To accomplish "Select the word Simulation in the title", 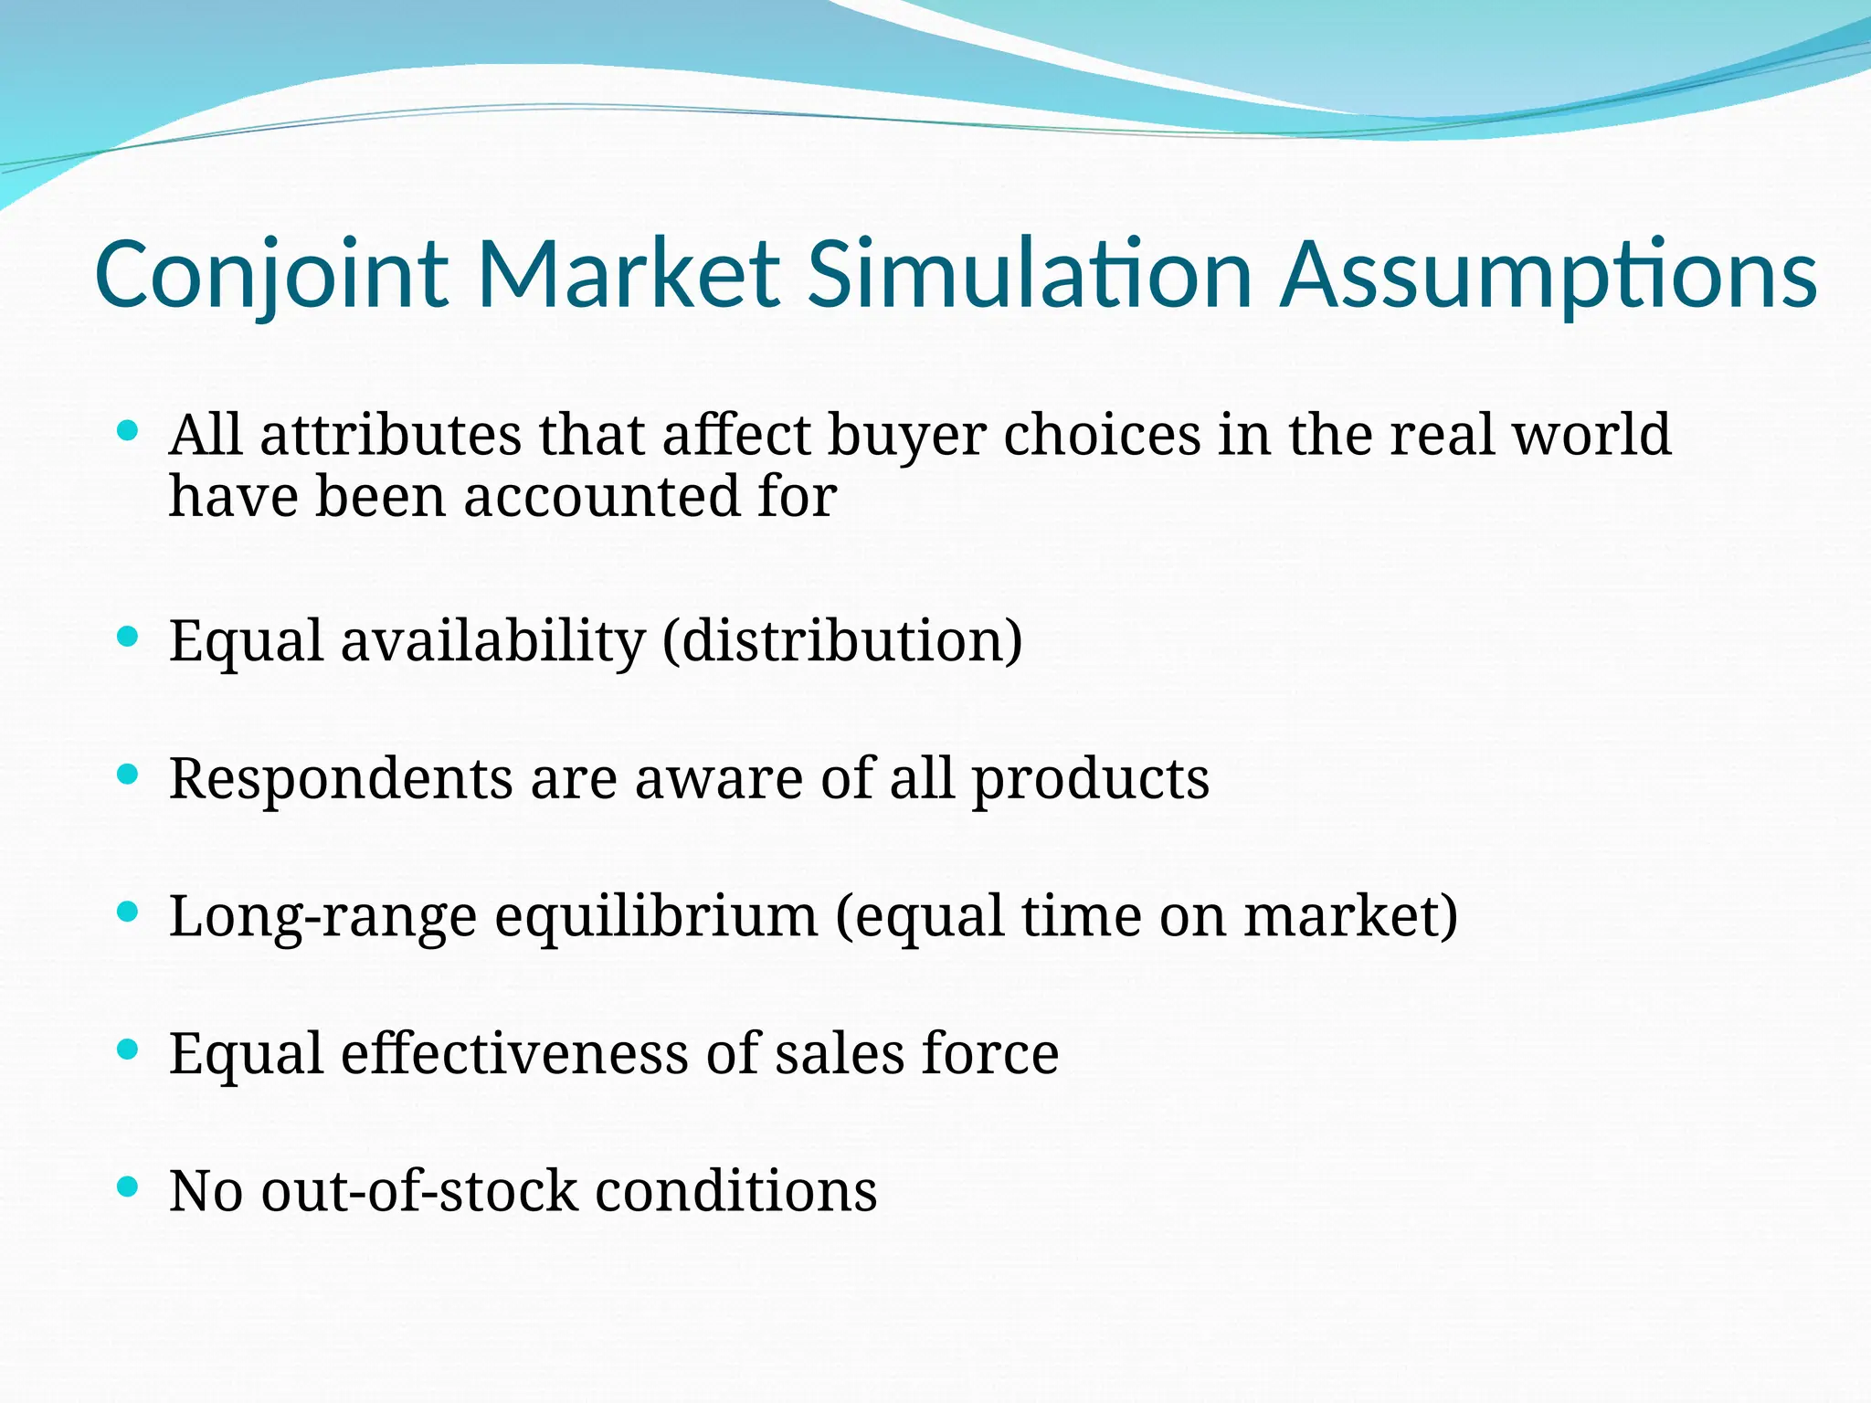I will [x=1030, y=274].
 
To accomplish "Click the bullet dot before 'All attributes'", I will [x=129, y=430].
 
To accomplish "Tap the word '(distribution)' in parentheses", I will [x=842, y=641].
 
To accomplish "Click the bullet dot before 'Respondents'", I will [x=129, y=775].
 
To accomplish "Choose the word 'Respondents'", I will [x=341, y=779].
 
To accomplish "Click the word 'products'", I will [x=1090, y=781].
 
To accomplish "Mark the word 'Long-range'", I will [x=322, y=918].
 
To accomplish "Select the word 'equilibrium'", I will [x=656, y=918].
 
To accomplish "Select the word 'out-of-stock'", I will [x=419, y=1191].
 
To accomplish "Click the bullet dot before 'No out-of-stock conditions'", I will [x=129, y=1187].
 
